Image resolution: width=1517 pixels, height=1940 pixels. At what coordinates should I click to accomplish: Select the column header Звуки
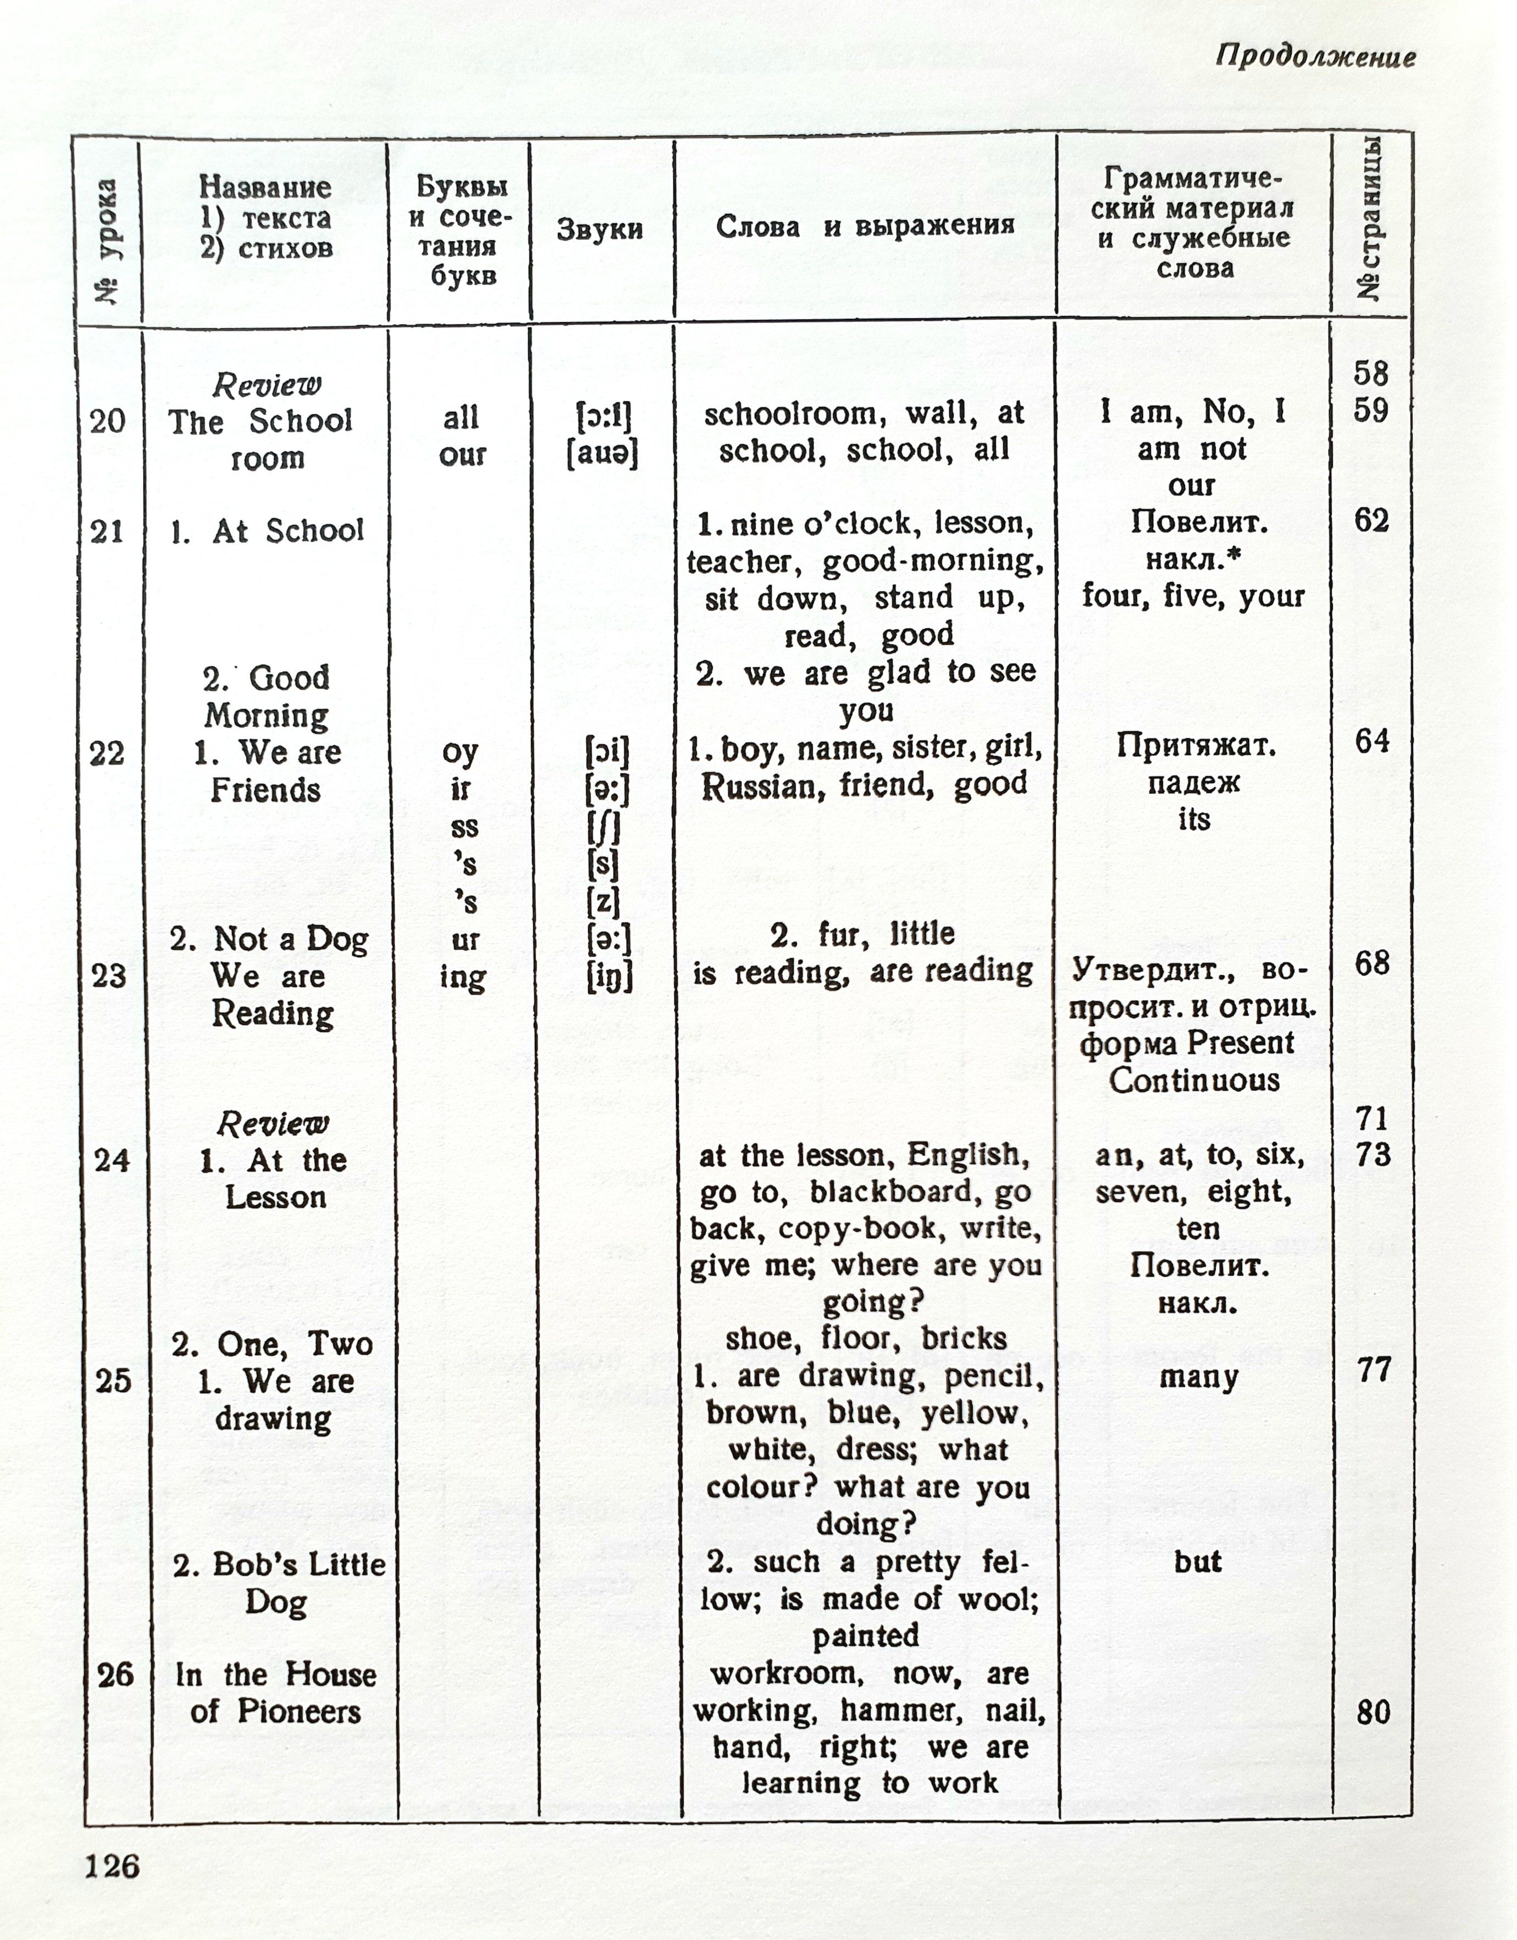[600, 229]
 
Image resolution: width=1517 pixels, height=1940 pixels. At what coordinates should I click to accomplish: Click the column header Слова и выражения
[865, 226]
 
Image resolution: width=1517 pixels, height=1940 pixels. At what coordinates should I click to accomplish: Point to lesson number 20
[108, 420]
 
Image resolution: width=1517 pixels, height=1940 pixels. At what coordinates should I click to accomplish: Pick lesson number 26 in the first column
[114, 1675]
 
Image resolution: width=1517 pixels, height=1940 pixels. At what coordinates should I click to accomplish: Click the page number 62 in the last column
[1371, 520]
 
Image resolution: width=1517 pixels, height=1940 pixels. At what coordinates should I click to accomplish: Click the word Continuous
[1194, 1081]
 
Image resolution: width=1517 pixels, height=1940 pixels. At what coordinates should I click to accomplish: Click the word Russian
[757, 787]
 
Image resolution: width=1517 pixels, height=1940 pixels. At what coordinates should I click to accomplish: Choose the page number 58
[1370, 373]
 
